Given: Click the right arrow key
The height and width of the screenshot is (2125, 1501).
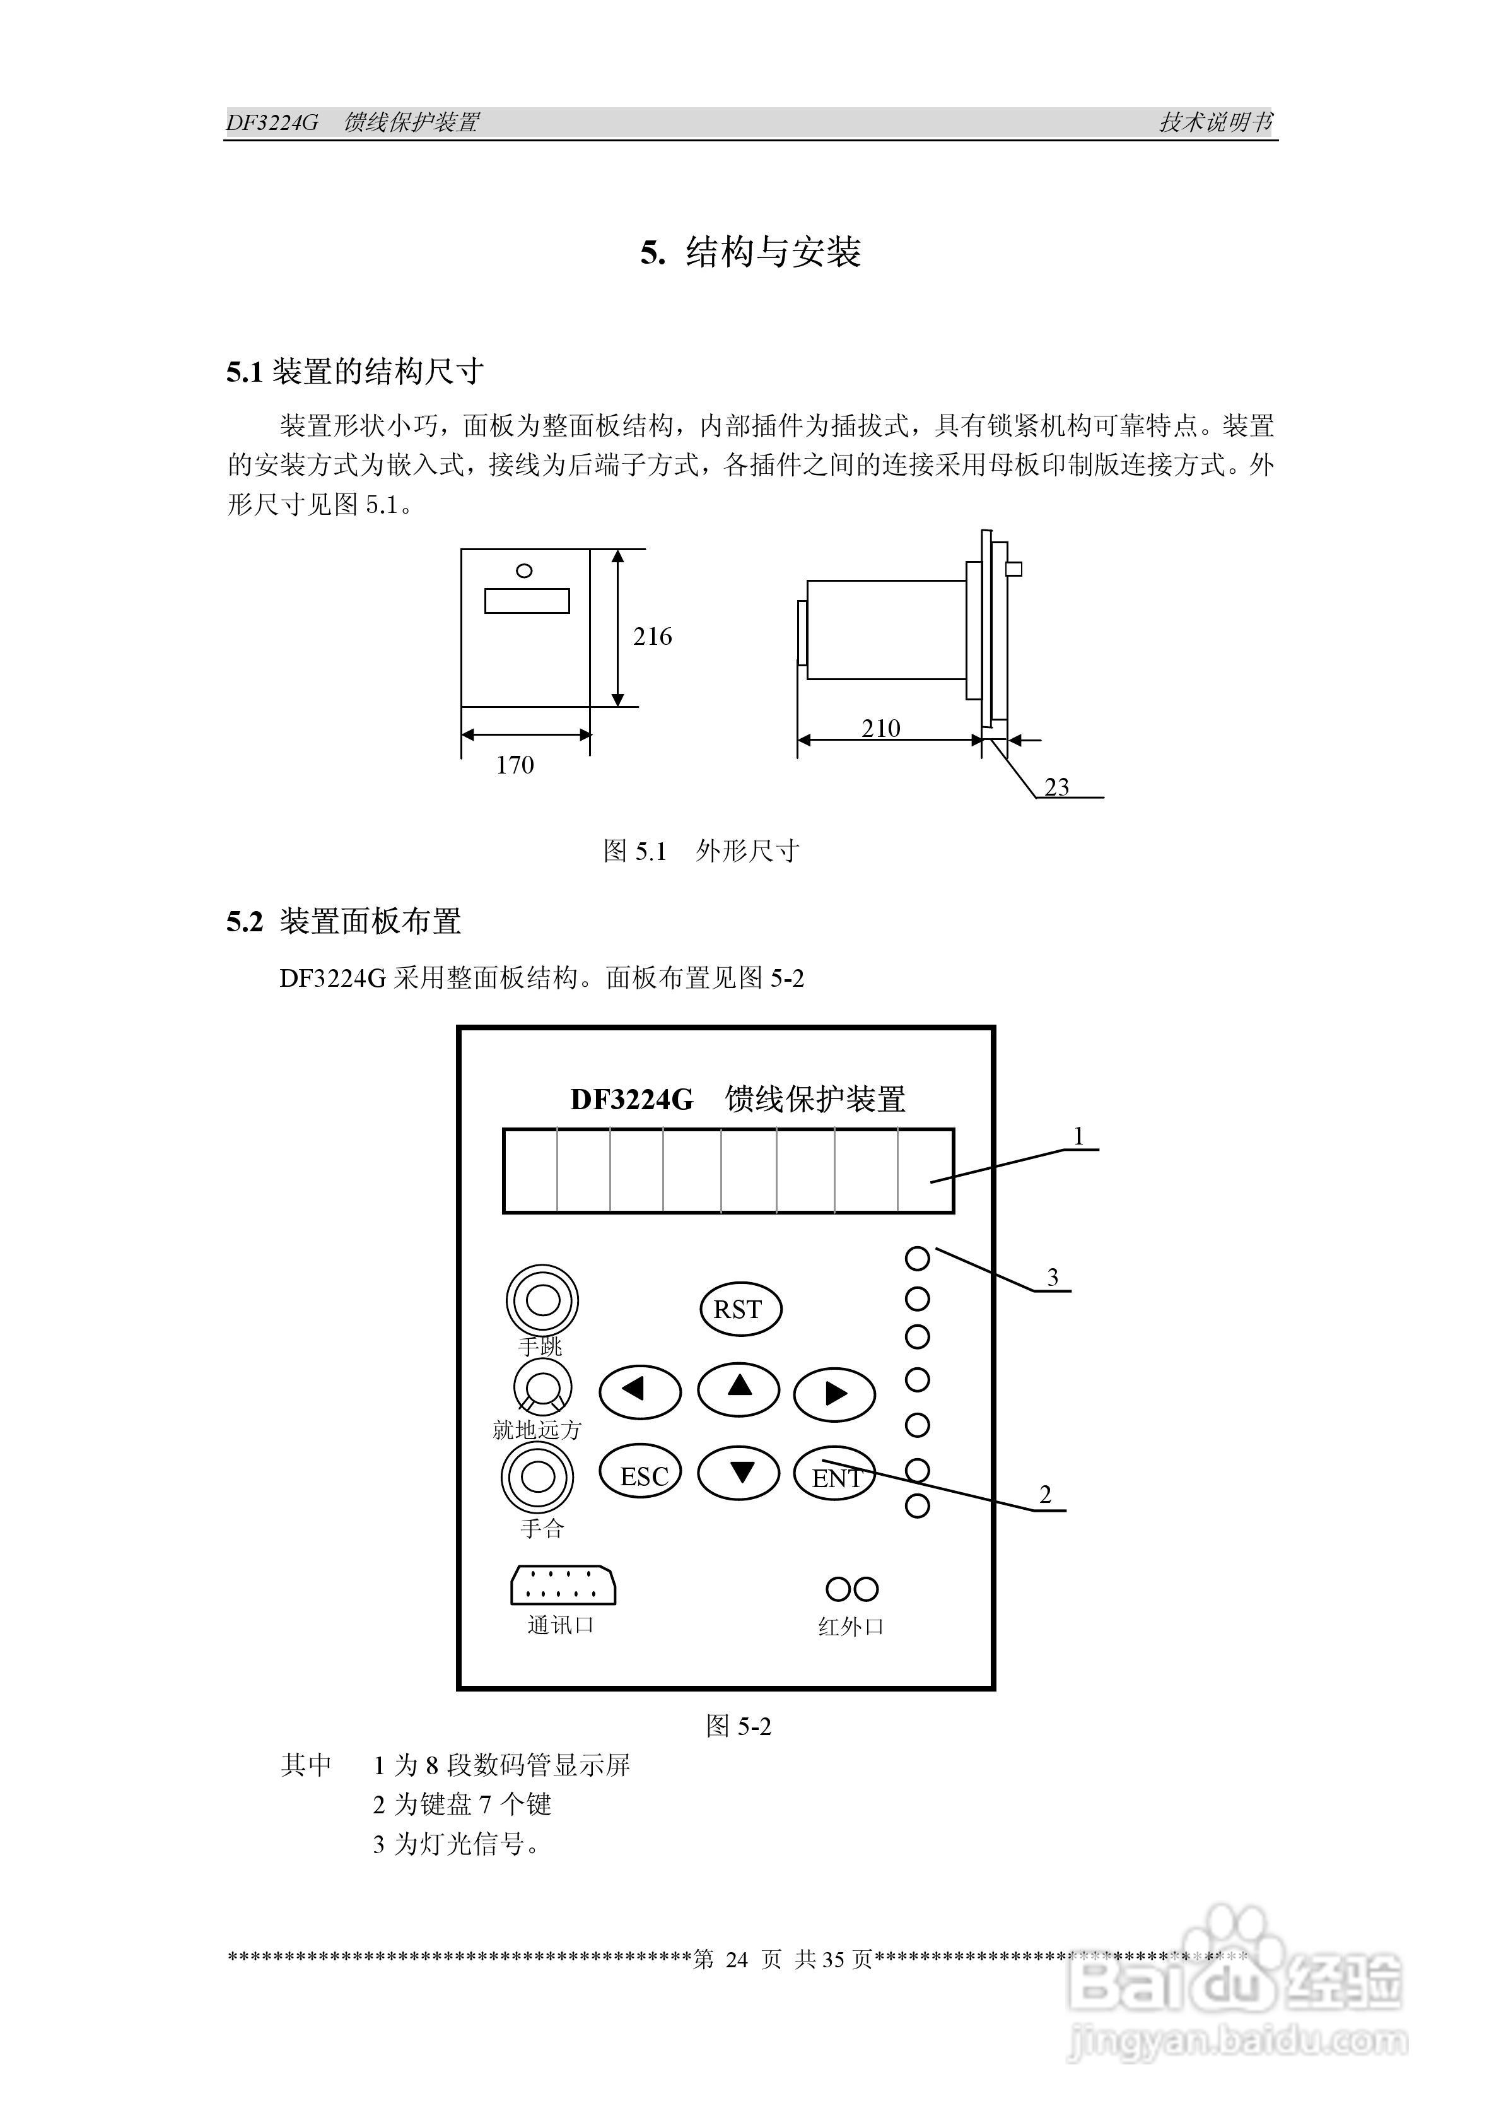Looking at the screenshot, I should [835, 1394].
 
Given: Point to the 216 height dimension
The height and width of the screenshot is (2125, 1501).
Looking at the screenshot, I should [651, 637].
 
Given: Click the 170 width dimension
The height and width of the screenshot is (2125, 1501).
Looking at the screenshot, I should [515, 765].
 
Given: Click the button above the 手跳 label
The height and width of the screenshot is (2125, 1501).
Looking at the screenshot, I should [542, 1300].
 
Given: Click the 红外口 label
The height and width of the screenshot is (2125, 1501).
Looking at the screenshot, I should [850, 1626].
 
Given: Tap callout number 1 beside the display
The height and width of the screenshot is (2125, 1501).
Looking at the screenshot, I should [1078, 1136].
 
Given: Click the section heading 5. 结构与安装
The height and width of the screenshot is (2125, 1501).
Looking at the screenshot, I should [750, 252].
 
